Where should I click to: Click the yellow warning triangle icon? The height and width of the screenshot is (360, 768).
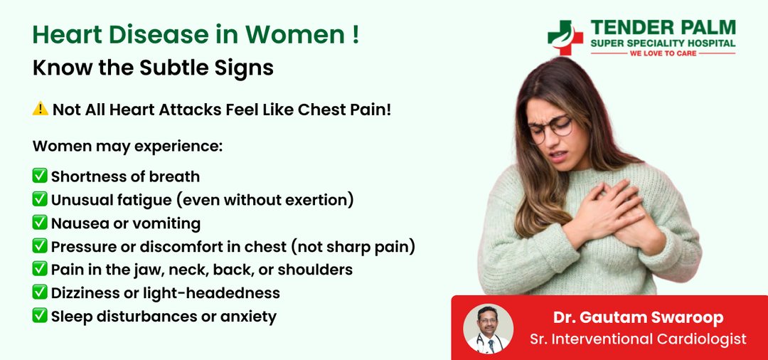click(40, 109)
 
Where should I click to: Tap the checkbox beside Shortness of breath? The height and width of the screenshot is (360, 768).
click(40, 175)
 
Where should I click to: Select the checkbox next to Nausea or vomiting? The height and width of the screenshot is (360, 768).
click(40, 223)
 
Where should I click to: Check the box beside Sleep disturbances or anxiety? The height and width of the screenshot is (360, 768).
click(40, 315)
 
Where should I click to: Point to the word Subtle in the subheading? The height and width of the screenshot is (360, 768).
click(176, 68)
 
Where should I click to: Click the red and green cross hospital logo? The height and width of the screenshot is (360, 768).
click(565, 38)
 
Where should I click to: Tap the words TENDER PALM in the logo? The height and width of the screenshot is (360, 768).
click(663, 28)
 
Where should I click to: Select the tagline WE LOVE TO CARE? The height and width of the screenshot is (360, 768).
click(663, 53)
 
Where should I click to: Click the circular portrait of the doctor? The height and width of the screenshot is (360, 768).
click(488, 329)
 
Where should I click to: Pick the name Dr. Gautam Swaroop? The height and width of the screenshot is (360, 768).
click(638, 317)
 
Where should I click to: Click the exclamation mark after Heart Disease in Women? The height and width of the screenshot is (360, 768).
click(356, 36)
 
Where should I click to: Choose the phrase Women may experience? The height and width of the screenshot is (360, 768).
click(127, 147)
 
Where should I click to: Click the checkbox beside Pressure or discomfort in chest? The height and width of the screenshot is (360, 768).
click(40, 246)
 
